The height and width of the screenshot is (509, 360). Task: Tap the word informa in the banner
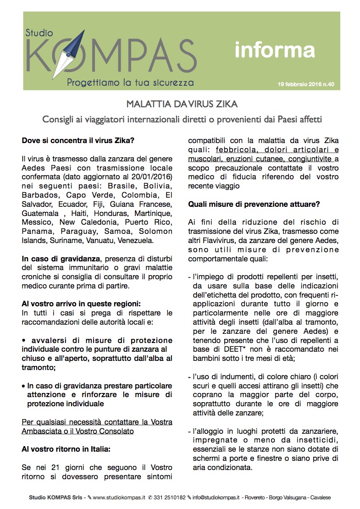coord(274,50)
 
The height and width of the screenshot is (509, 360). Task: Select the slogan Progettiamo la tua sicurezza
coord(130,83)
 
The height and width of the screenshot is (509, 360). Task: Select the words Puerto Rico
coord(152,222)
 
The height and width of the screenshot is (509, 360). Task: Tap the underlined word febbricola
coord(236,150)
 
